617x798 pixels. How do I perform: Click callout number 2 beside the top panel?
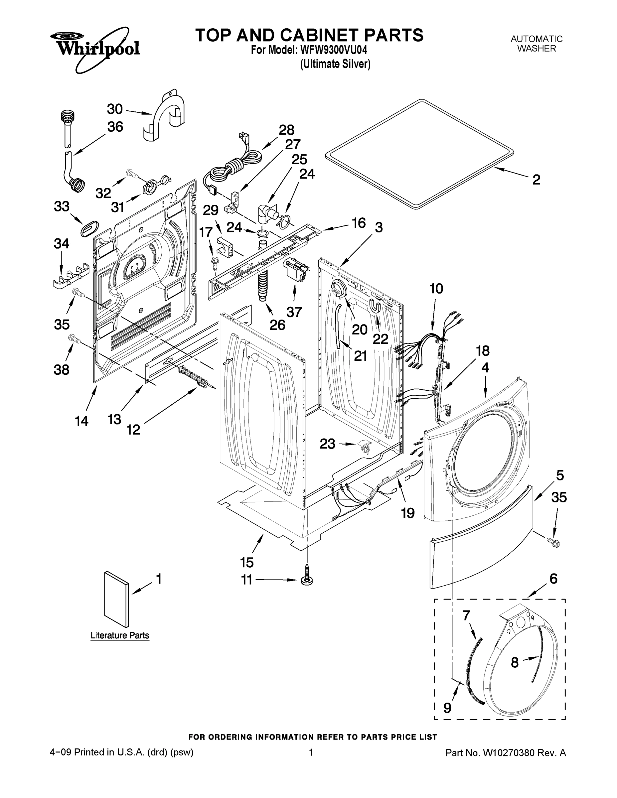pyautogui.click(x=536, y=180)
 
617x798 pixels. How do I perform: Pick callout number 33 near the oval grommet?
pyautogui.click(x=62, y=206)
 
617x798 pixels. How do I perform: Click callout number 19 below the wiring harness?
pyautogui.click(x=408, y=513)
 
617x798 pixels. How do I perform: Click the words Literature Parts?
pyautogui.click(x=120, y=646)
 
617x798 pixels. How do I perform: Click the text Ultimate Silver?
pyautogui.click(x=335, y=64)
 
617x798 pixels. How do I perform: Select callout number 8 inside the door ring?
pyautogui.click(x=514, y=662)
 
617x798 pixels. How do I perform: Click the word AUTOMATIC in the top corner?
pyautogui.click(x=536, y=39)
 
